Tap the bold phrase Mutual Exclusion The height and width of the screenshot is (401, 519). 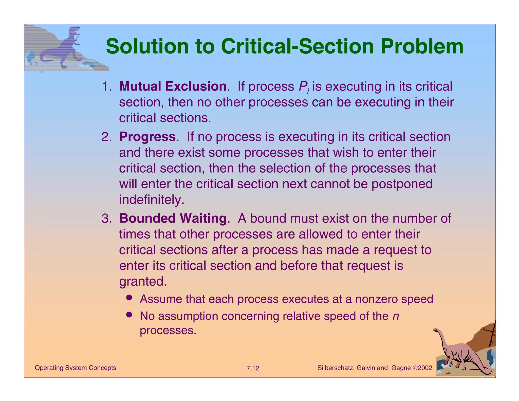(x=173, y=86)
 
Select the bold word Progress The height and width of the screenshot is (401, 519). (x=147, y=137)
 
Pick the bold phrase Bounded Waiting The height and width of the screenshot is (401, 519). (x=173, y=218)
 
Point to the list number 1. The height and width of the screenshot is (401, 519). (x=106, y=87)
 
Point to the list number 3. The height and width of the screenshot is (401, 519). (x=106, y=219)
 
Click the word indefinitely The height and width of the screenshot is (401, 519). (x=152, y=200)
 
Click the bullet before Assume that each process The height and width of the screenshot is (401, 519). (x=129, y=298)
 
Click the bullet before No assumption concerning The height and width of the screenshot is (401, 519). (x=129, y=315)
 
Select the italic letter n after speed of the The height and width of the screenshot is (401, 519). (x=396, y=316)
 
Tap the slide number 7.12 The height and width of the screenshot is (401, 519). (x=253, y=368)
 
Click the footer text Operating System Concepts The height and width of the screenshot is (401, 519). (x=75, y=368)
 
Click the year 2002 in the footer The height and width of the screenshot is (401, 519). (x=425, y=368)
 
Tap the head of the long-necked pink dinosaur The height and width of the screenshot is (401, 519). (x=435, y=330)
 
